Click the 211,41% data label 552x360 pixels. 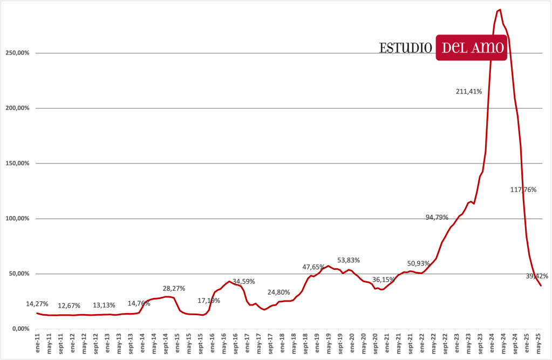(469, 91)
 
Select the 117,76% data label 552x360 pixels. (523, 189)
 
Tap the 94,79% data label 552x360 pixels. (437, 218)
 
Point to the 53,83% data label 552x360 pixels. (349, 260)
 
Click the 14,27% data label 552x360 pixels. (37, 304)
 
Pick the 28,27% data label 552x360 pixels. (174, 288)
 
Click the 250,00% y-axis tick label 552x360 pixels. (17, 53)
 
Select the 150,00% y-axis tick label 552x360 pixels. (17, 164)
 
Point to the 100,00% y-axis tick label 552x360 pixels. (17, 219)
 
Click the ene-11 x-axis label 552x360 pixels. (37, 344)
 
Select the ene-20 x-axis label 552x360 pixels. (352, 344)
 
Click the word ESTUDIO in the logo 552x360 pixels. (406, 47)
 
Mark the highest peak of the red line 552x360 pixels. (500, 10)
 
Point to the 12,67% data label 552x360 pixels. (69, 305)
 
